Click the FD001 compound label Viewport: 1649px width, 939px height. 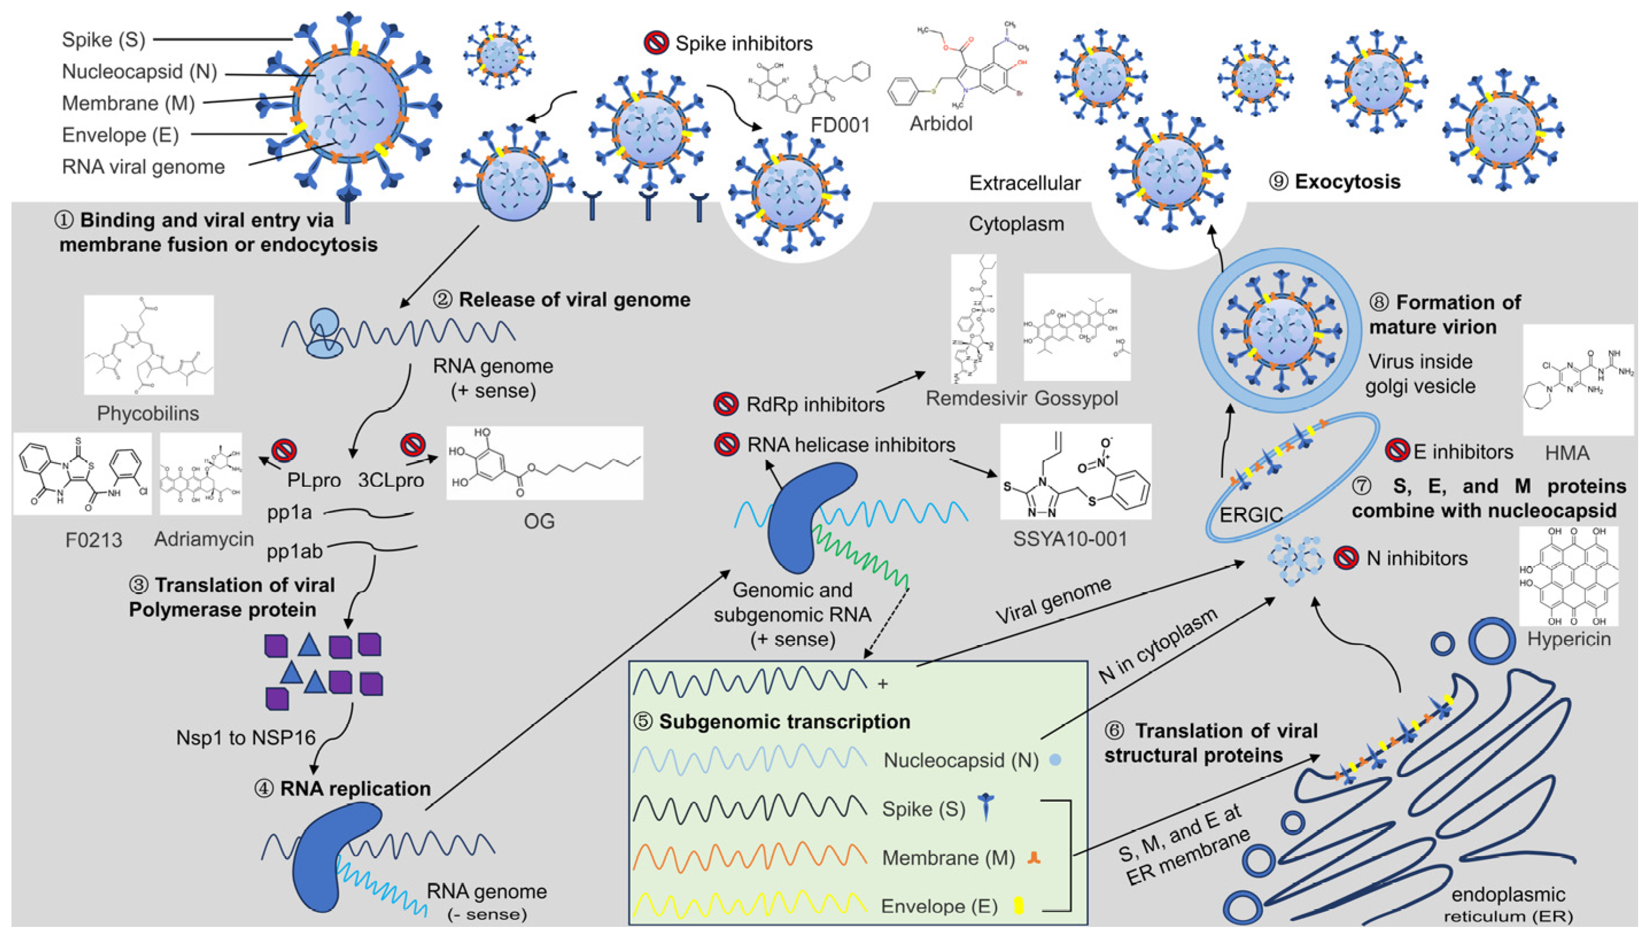pos(840,125)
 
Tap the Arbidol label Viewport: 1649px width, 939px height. pos(940,123)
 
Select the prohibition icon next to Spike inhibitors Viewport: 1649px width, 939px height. pos(656,43)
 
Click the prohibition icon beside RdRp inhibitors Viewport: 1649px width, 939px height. pos(725,405)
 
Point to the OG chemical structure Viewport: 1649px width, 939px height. pos(544,463)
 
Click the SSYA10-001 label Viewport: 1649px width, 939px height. pos(1070,538)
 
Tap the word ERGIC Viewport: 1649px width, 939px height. pos(1251,515)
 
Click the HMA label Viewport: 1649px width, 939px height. pos(1566,453)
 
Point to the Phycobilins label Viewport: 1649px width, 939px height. pos(148,413)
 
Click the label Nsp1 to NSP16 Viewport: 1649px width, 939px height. pos(246,737)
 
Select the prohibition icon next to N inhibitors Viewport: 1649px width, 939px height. pos(1345,558)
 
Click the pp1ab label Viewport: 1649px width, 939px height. pos(294,552)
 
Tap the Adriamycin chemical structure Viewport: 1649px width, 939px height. pos(200,474)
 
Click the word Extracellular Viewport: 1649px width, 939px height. pos(1024,183)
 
